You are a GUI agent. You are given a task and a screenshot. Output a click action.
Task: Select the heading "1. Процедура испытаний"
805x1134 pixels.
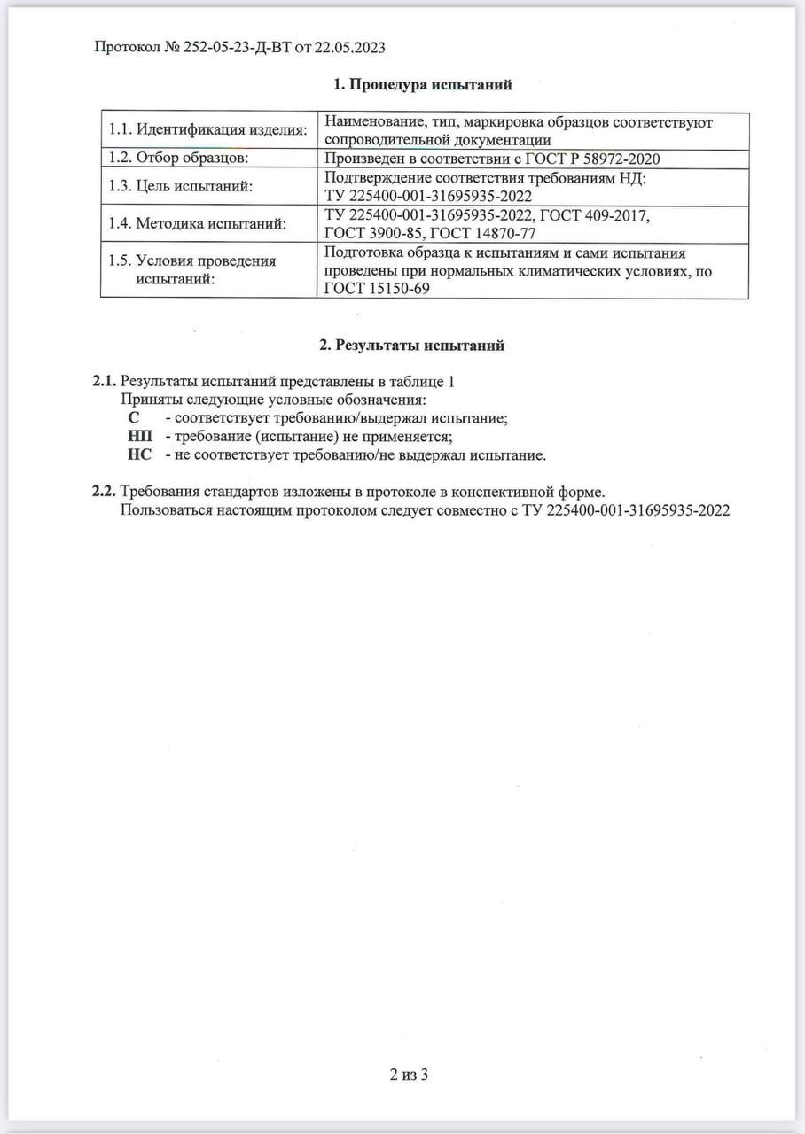[423, 84]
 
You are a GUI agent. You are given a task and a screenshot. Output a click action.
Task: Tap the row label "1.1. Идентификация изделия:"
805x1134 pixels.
[207, 130]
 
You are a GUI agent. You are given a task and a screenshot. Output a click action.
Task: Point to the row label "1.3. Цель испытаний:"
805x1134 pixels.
[180, 186]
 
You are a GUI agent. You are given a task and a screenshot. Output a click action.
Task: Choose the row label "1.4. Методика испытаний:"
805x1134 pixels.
[198, 223]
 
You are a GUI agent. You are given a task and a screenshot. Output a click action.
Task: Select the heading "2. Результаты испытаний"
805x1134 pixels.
[411, 345]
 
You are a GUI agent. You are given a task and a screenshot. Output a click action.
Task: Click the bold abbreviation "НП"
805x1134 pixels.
[139, 437]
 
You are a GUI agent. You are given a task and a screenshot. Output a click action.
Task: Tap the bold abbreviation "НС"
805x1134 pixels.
[139, 455]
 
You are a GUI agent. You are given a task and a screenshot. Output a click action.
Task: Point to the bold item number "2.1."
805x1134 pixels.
[104, 381]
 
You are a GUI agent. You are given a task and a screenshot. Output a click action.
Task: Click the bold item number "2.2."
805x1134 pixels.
[104, 492]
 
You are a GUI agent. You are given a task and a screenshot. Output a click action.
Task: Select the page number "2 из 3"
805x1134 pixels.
[410, 1076]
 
